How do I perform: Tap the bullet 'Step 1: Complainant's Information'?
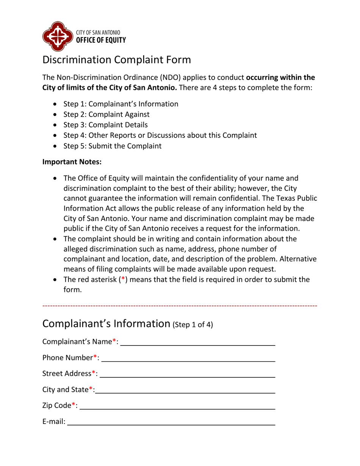[x=121, y=103]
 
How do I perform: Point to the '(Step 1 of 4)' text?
[x=193, y=325]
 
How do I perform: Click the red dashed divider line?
[x=180, y=305]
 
